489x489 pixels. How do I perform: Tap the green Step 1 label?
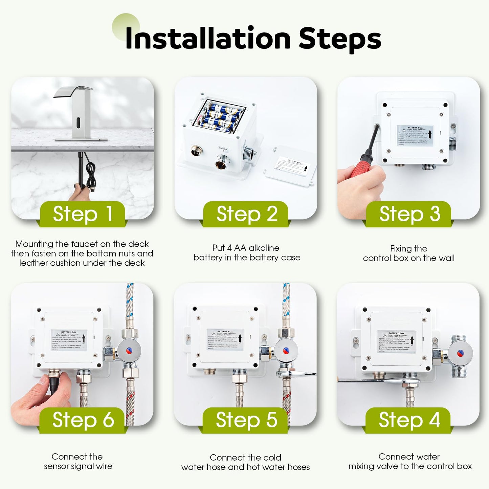pos(83,214)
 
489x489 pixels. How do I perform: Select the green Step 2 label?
pos(246,214)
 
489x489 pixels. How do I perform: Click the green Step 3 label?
pos(409,214)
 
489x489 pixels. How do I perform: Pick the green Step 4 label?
pos(409,420)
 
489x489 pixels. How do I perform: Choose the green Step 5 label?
pos(246,420)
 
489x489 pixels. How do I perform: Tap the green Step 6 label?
pos(83,420)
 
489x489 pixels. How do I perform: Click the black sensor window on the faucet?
pos(79,121)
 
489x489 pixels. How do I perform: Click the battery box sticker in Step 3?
pos(415,135)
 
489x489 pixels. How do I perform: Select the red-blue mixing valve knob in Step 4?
pos(460,353)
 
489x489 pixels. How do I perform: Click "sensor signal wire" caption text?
pos(78,466)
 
